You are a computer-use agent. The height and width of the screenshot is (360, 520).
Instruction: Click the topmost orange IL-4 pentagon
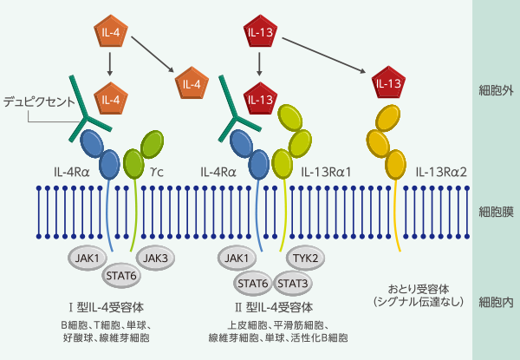[108, 34]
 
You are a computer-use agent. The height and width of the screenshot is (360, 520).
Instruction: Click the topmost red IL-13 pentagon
[260, 34]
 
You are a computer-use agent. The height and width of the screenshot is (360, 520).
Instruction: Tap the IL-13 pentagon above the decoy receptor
[387, 84]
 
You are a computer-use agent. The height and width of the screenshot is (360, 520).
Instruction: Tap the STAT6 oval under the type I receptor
[122, 277]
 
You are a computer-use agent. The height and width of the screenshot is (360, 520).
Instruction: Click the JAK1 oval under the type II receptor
[238, 258]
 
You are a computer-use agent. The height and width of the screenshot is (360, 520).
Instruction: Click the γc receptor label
[157, 171]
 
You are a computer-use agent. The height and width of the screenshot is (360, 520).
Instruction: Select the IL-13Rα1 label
[325, 171]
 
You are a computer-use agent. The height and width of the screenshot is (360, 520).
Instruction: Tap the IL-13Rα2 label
[441, 171]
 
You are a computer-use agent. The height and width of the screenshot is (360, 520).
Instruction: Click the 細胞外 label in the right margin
[496, 90]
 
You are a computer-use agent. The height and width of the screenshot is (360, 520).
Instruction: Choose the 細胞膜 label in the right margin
[496, 211]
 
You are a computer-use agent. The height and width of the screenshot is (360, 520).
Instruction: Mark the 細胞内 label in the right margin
[496, 303]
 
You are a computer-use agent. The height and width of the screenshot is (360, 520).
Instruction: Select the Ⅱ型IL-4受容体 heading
[275, 307]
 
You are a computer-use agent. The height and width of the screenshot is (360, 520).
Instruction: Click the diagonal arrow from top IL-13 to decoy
[327, 53]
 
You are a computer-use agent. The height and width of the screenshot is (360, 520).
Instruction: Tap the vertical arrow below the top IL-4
[108, 62]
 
